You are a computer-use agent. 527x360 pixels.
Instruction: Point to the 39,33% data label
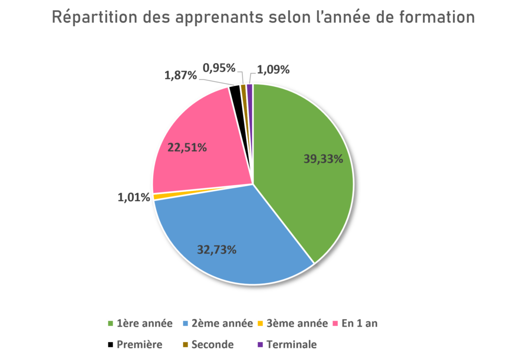323,159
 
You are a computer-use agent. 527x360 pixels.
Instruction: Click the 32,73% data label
217,250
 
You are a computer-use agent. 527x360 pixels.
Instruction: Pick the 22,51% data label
187,148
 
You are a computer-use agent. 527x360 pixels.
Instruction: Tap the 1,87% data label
180,76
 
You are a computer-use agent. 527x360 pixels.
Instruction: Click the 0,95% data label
219,67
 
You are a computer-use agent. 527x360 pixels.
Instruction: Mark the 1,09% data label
273,69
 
